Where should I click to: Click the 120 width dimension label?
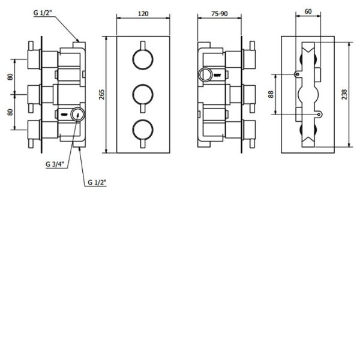143,14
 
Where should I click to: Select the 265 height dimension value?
102,95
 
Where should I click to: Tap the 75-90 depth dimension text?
220,14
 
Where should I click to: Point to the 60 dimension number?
308,11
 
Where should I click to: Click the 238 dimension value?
344,94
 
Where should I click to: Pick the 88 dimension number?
271,94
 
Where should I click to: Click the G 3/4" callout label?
55,164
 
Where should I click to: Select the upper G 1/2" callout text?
43,13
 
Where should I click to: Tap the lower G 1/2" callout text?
97,182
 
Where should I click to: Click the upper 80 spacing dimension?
10,77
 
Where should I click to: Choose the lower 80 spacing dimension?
10,112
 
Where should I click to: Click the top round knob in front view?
143,59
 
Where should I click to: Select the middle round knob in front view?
143,95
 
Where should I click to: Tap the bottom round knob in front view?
143,130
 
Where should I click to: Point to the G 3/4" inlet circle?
78,115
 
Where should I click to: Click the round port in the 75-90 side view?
205,75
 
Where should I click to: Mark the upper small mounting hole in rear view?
298,74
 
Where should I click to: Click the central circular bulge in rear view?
308,94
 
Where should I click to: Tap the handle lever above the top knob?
143,46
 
